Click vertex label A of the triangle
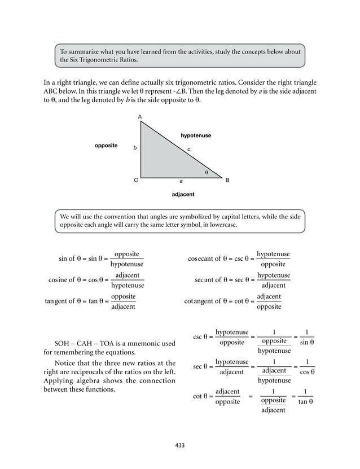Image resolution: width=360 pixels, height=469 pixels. pos(140,117)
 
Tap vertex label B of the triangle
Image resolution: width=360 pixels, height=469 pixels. pos(227,181)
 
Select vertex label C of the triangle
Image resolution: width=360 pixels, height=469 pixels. pos(135,181)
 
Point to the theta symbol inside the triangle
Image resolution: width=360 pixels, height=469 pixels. pos(207,172)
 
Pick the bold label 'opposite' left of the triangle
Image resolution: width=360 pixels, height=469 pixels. pos(106,146)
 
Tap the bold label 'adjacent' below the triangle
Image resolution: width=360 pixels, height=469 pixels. pos(182,194)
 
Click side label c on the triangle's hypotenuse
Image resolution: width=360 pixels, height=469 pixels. pos(189,149)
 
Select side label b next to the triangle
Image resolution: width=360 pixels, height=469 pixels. pos(134,148)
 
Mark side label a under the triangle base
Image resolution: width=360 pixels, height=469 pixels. pos(181,182)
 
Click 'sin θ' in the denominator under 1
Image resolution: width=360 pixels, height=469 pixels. pos(307,342)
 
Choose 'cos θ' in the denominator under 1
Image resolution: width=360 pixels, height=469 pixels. pos(307,372)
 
